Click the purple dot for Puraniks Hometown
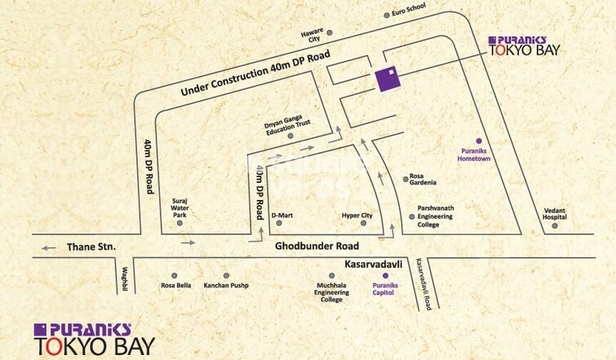(479, 140)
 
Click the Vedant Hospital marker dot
(555, 225)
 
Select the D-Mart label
(283, 216)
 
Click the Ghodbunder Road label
(317, 245)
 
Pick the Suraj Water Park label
(179, 209)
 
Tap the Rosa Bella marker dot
(175, 276)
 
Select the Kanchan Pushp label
(226, 285)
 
